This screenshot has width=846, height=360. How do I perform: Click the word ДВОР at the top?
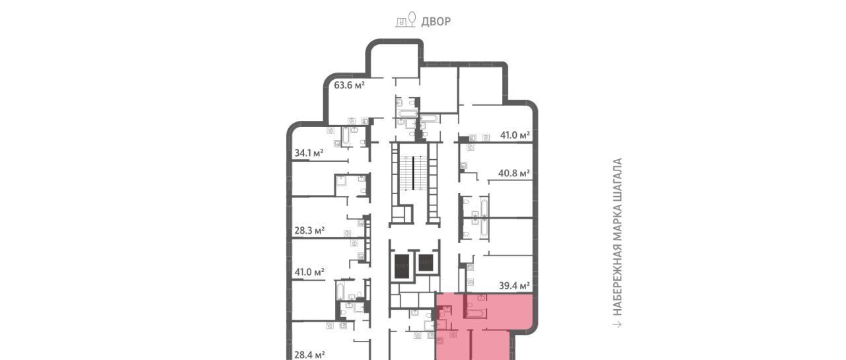coord(436,22)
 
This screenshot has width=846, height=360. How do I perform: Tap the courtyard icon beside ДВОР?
coord(406,19)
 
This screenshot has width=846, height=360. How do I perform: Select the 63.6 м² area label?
coord(349,85)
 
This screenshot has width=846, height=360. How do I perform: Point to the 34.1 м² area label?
coord(309,153)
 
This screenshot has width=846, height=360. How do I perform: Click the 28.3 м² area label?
coord(309,230)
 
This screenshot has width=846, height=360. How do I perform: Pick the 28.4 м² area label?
coord(310,355)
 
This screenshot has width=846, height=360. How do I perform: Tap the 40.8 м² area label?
coord(514,173)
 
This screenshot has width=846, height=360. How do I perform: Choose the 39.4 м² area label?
coord(514,285)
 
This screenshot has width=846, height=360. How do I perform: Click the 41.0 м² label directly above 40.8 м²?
coord(515,135)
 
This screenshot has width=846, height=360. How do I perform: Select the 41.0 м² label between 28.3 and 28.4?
coord(309,271)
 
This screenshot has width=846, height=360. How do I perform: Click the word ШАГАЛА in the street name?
coord(617,178)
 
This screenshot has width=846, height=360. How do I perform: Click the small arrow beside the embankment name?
coord(617,324)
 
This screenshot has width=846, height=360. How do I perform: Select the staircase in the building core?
coord(414,173)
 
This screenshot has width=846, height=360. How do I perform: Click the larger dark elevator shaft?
coord(402,266)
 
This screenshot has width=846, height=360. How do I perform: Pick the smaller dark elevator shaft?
coord(425,263)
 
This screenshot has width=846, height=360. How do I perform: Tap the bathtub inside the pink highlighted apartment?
coord(477,313)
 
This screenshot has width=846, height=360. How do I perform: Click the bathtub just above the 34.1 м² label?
coord(346,136)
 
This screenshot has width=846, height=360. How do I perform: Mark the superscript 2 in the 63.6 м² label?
coord(363,83)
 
